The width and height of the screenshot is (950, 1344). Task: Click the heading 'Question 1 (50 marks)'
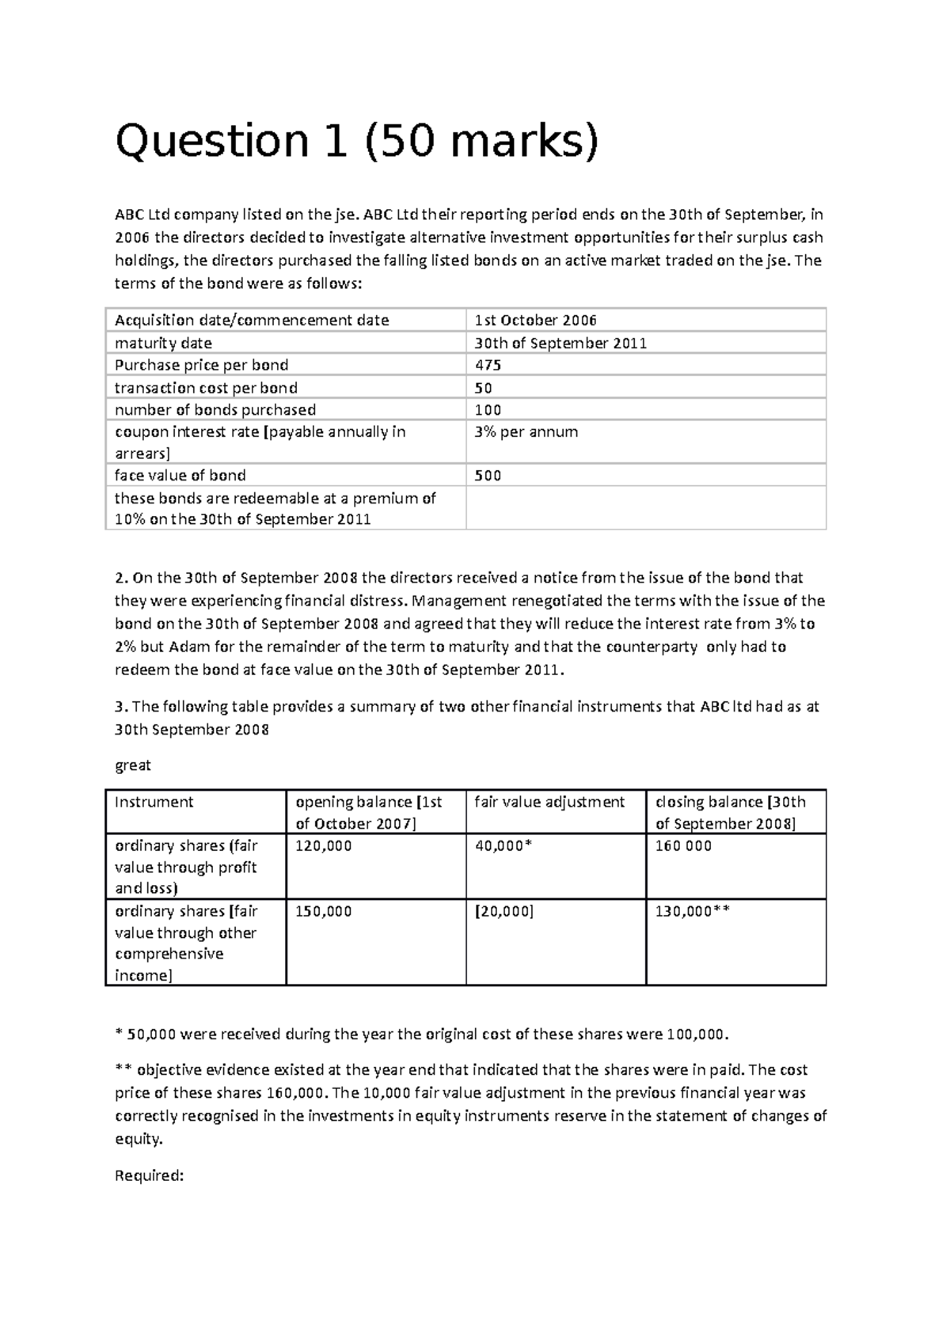point(358,142)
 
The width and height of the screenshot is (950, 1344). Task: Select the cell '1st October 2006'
point(535,321)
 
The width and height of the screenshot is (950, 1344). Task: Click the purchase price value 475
point(488,365)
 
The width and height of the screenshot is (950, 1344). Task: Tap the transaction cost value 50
point(483,388)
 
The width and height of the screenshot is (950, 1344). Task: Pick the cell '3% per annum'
point(526,432)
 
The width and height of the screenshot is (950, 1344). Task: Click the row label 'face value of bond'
point(180,476)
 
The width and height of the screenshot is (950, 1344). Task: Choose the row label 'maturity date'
point(163,344)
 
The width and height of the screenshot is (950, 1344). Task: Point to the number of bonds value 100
point(488,410)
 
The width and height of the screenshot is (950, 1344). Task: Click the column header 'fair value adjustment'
point(549,802)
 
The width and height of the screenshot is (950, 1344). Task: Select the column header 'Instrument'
point(154,802)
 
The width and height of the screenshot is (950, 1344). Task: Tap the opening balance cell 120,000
point(323,846)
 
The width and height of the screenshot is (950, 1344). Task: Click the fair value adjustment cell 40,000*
point(503,846)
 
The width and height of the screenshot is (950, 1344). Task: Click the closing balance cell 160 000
point(683,846)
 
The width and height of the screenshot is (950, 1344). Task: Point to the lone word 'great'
point(132,765)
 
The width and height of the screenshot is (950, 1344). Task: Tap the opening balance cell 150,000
point(323,912)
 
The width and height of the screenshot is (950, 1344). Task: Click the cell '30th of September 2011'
point(560,344)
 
